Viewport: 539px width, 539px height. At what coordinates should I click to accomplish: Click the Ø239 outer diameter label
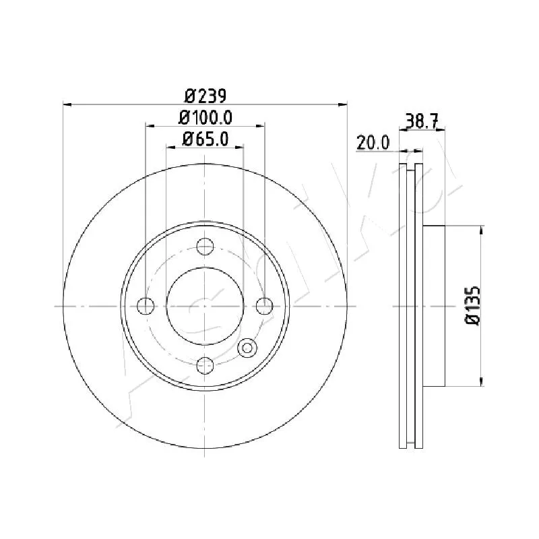pyautogui.click(x=205, y=96)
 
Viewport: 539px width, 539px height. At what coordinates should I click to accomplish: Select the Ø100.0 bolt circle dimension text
pyautogui.click(x=205, y=118)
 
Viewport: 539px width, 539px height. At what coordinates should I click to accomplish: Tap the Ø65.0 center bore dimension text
pyautogui.click(x=205, y=139)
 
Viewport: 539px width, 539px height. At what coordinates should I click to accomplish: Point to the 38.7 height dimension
pyautogui.click(x=422, y=121)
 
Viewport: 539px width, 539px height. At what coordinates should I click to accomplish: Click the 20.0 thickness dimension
pyautogui.click(x=373, y=143)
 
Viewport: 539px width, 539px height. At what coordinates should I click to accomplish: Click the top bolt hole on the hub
pyautogui.click(x=205, y=247)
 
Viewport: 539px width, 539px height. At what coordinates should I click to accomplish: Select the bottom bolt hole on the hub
pyautogui.click(x=205, y=365)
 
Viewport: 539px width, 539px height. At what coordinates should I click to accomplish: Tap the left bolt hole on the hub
pyautogui.click(x=146, y=306)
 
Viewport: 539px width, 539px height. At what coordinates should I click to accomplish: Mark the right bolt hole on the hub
pyautogui.click(x=265, y=306)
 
